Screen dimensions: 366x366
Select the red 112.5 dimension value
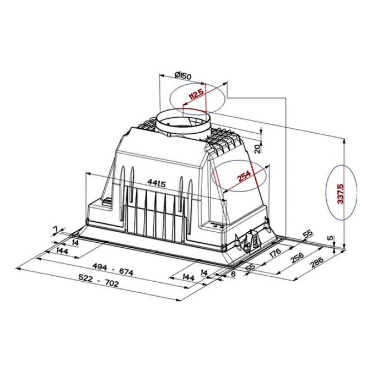click(x=197, y=94)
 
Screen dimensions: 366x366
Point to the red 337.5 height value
click(x=341, y=194)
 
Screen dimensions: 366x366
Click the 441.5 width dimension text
click(x=157, y=183)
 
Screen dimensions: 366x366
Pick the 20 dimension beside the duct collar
click(x=257, y=148)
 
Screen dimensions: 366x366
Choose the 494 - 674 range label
click(x=113, y=269)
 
